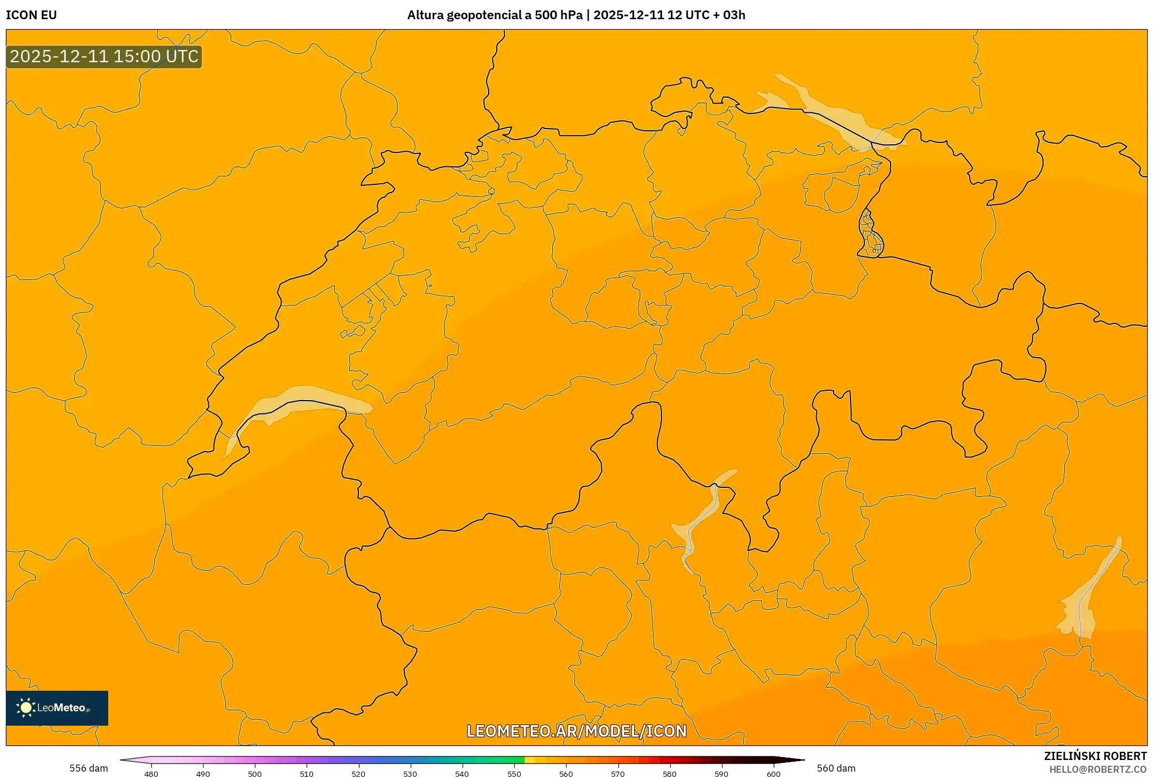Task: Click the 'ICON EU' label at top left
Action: click(x=31, y=15)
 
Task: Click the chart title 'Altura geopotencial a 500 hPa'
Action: click(x=494, y=15)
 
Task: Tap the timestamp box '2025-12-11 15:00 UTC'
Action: click(x=104, y=56)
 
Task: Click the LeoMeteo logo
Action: click(x=57, y=708)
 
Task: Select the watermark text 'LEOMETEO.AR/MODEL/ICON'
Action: click(x=576, y=731)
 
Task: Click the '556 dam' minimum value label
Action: click(x=88, y=768)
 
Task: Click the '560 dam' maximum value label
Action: click(x=836, y=768)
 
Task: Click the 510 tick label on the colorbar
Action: click(x=307, y=774)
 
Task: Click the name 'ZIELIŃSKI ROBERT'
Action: click(x=1095, y=756)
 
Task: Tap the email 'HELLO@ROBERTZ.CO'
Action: click(x=1098, y=769)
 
